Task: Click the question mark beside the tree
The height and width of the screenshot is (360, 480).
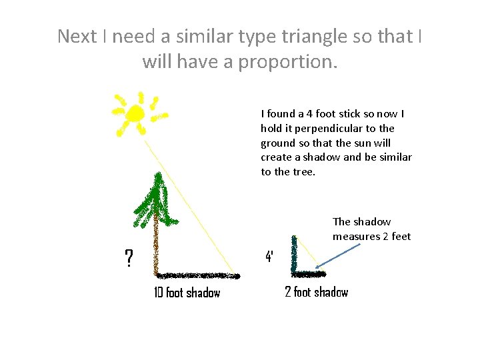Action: point(128,257)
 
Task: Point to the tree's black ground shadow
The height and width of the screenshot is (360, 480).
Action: point(197,275)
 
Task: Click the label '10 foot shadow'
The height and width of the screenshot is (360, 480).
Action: point(187,293)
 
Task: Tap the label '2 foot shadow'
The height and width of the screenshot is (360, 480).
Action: point(316,292)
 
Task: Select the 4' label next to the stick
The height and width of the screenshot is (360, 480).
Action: point(269,257)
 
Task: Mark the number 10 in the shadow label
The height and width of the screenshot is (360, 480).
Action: point(159,293)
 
